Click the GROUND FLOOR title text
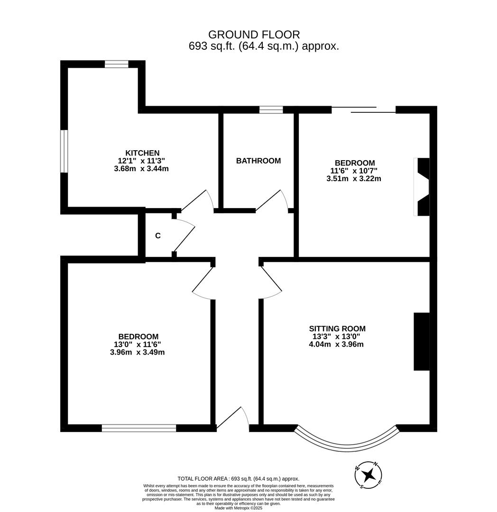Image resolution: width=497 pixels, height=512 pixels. coord(254,35)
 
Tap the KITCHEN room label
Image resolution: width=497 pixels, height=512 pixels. coord(142,153)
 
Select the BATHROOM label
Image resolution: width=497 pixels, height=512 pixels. coord(258,161)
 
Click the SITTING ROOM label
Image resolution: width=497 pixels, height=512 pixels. coord(337,329)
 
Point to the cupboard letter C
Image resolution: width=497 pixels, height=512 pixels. coord(158,236)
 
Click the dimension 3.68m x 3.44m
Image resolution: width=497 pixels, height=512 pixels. coord(141,168)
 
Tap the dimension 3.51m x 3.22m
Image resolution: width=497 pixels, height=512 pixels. coord(354,179)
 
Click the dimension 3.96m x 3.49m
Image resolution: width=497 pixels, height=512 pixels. coord(137,352)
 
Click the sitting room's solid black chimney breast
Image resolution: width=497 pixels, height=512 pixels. coord(421,341)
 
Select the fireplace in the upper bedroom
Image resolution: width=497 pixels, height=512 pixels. coord(422,187)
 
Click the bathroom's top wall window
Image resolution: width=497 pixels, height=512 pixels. coord(271,110)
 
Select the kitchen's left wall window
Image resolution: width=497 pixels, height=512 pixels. coord(64,151)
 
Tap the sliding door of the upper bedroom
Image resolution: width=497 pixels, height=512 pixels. coord(363,110)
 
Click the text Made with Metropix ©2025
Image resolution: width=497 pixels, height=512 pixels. coord(238,508)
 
